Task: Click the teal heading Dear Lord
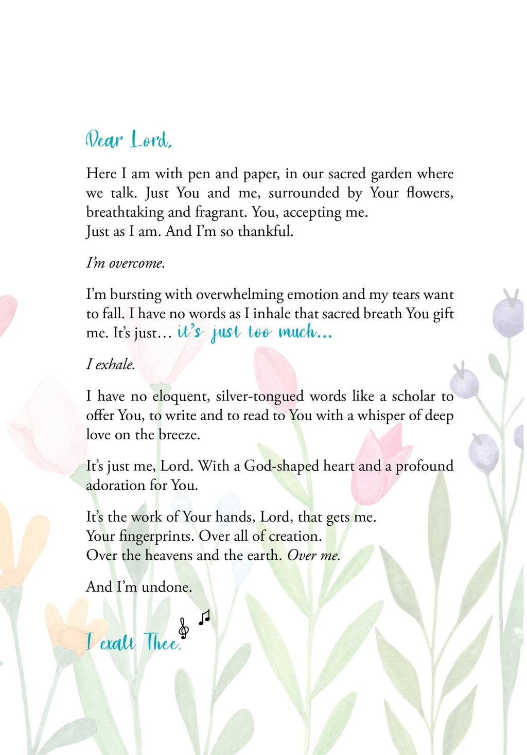click(129, 140)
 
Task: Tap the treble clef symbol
click(184, 628)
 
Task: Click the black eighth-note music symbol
click(204, 616)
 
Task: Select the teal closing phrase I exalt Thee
click(133, 642)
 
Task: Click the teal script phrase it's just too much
click(254, 332)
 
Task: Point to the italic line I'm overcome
click(126, 263)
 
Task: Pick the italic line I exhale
click(111, 365)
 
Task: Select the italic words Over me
click(313, 556)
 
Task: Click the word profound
click(424, 466)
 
